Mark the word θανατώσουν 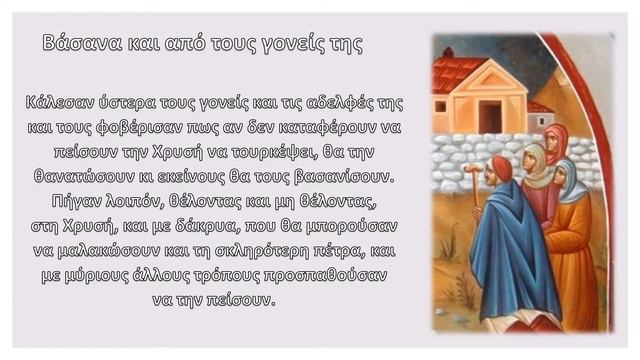click(89, 177)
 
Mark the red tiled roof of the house click(458, 72)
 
